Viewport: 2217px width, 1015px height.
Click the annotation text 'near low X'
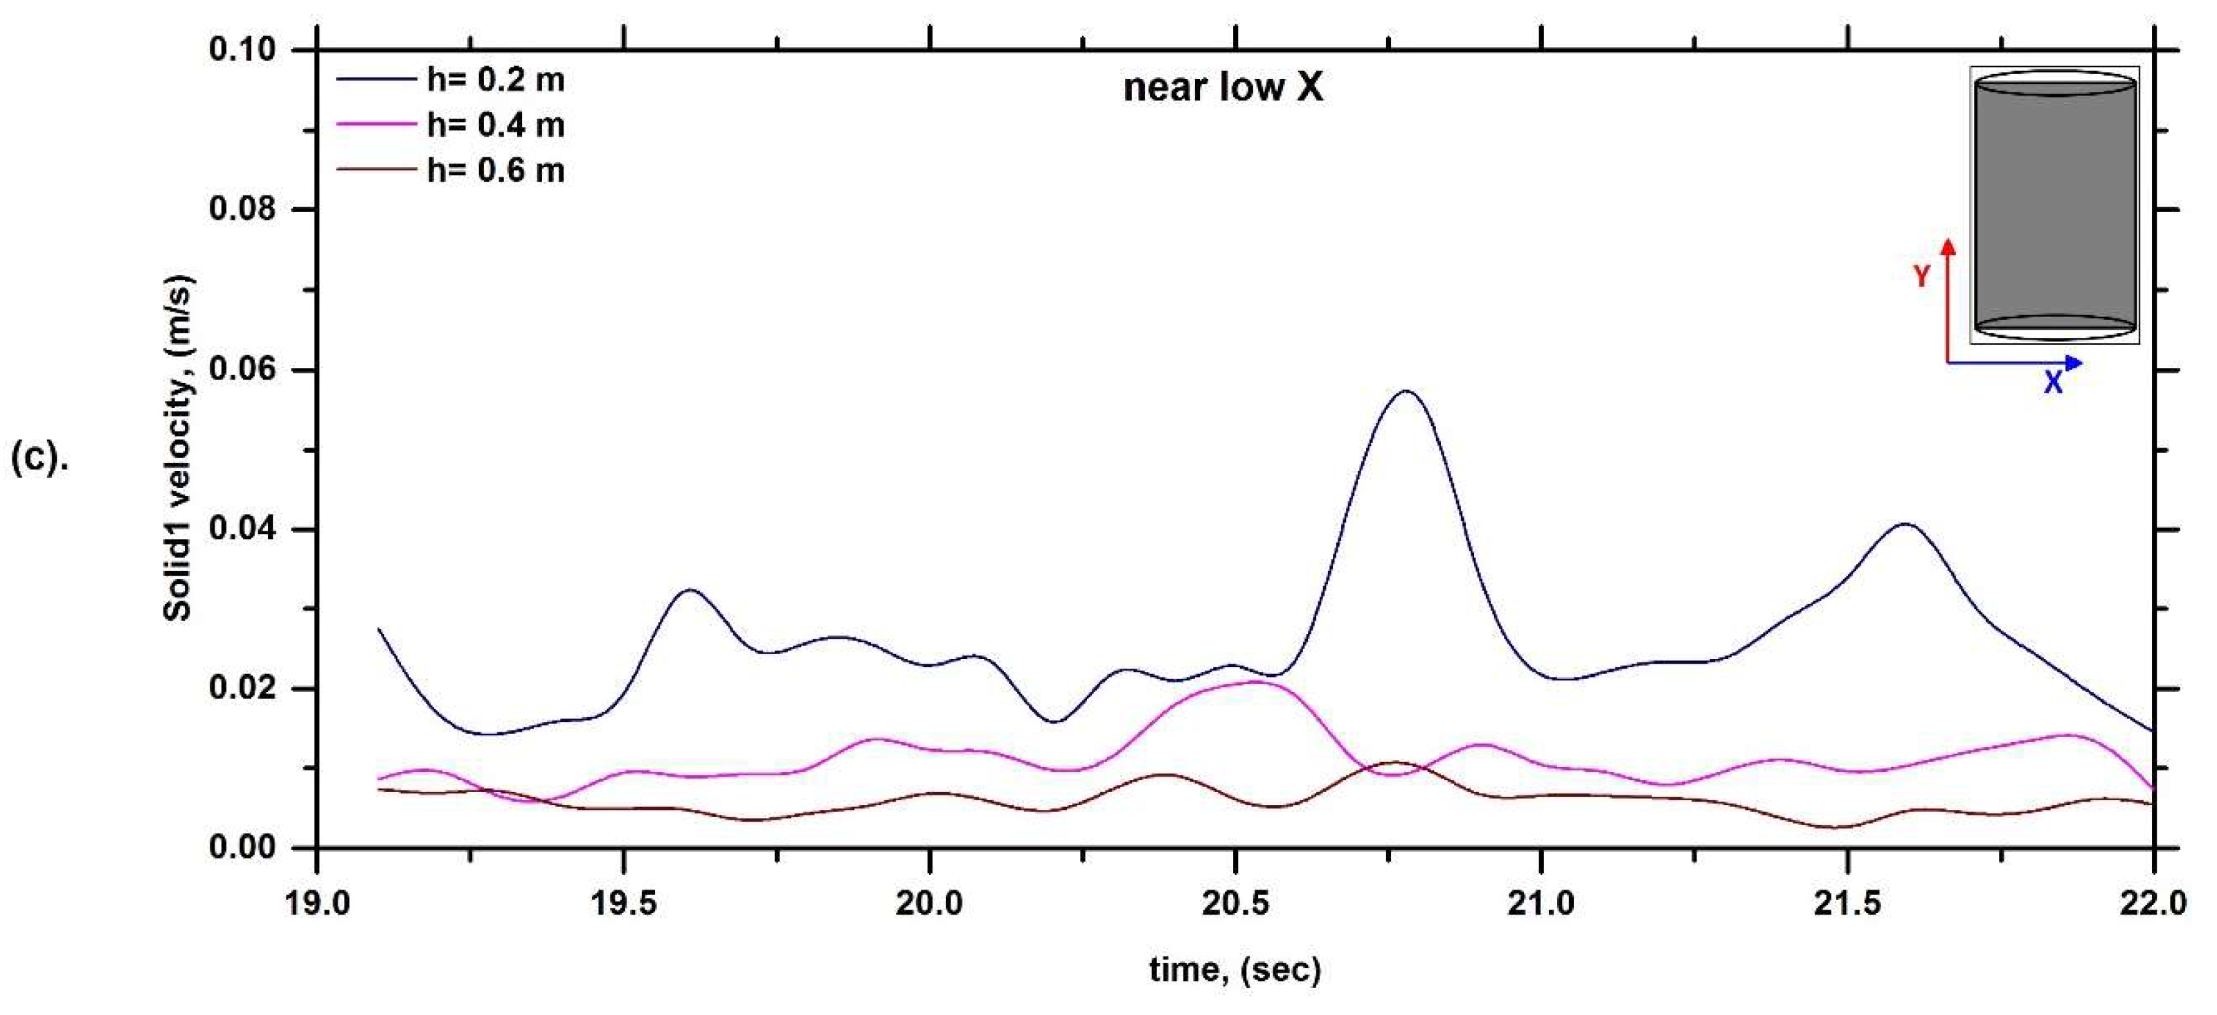tap(1223, 88)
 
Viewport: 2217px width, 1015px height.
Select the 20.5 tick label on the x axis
tap(1235, 903)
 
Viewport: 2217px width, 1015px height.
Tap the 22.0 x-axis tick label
tap(2152, 903)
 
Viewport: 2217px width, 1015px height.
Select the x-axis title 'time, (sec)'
tap(1235, 970)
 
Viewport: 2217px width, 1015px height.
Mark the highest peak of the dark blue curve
tap(1406, 391)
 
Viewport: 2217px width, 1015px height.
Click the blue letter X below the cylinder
tap(2054, 383)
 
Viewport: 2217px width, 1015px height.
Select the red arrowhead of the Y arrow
tap(1948, 247)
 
